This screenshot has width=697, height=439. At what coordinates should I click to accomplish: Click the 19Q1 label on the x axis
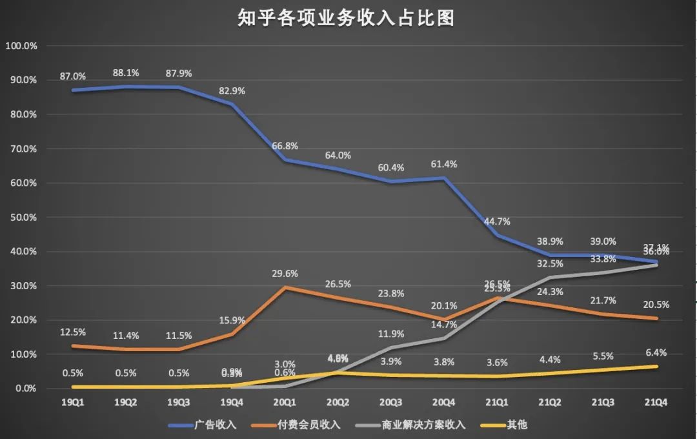pyautogui.click(x=72, y=402)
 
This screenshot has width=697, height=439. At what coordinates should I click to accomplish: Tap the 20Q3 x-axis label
pyautogui.click(x=390, y=402)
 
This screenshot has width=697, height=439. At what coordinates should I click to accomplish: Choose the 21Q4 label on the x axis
pyautogui.click(x=656, y=402)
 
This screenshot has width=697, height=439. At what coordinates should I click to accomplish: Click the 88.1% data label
pyautogui.click(x=126, y=73)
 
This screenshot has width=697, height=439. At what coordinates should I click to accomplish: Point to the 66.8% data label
pyautogui.click(x=285, y=145)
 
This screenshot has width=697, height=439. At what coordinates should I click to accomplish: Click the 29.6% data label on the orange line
pyautogui.click(x=285, y=274)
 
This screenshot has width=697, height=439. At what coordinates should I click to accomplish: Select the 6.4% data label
pyautogui.click(x=656, y=352)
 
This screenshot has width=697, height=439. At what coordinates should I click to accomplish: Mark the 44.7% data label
pyautogui.click(x=497, y=221)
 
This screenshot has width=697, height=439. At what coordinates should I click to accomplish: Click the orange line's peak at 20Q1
pyautogui.click(x=285, y=287)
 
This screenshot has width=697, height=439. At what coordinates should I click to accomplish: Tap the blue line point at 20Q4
pyautogui.click(x=444, y=178)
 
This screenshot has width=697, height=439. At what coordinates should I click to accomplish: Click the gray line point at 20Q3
pyautogui.click(x=391, y=348)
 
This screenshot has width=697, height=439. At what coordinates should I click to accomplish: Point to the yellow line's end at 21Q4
pyautogui.click(x=656, y=367)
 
